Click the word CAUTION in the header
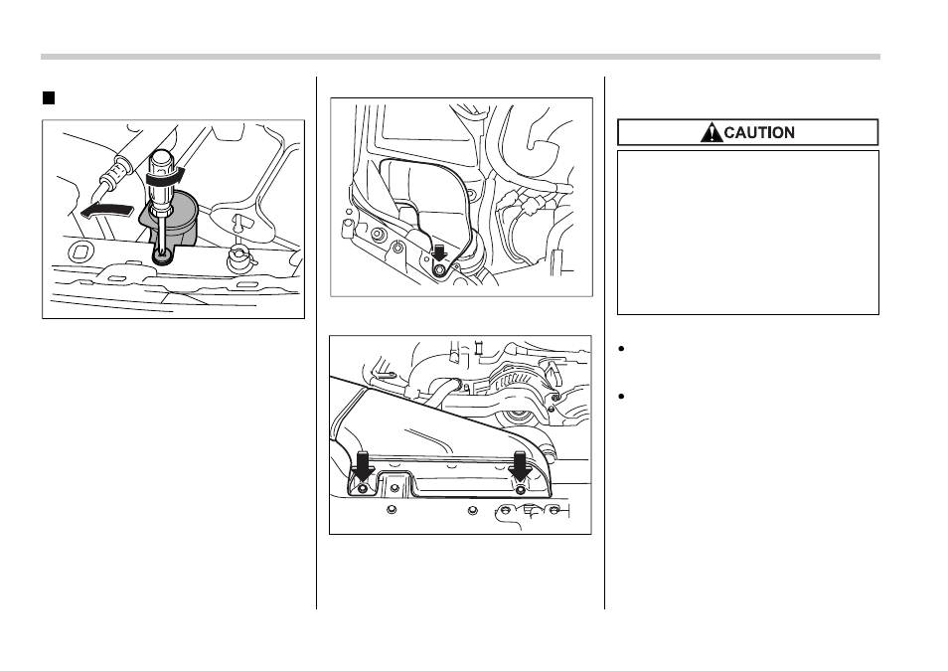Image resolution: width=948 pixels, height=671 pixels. click(759, 132)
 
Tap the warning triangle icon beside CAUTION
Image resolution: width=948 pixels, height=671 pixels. click(711, 132)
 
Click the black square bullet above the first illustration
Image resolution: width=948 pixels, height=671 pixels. click(49, 98)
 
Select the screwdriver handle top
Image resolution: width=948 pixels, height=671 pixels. click(161, 159)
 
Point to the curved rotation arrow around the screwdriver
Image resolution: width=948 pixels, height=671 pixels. click(164, 178)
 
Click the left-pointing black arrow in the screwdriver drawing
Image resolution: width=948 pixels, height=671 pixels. click(105, 211)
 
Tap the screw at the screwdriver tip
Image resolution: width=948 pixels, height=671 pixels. click(162, 257)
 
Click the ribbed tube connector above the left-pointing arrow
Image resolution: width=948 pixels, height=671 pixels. click(115, 171)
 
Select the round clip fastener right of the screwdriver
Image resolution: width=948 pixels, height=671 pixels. click(237, 259)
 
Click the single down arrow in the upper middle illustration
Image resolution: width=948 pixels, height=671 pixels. click(439, 253)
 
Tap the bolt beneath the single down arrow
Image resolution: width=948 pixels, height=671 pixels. click(439, 270)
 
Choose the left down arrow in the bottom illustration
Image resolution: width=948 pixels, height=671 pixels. click(362, 466)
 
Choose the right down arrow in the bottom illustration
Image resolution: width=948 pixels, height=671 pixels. click(520, 466)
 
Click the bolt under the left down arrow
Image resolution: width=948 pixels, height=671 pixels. click(362, 489)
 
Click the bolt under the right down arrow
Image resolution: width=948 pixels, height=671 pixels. click(521, 489)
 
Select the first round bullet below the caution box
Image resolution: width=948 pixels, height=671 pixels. click(621, 349)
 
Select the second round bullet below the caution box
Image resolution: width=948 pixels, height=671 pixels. click(621, 397)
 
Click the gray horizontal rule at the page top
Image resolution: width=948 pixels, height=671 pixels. click(460, 57)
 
